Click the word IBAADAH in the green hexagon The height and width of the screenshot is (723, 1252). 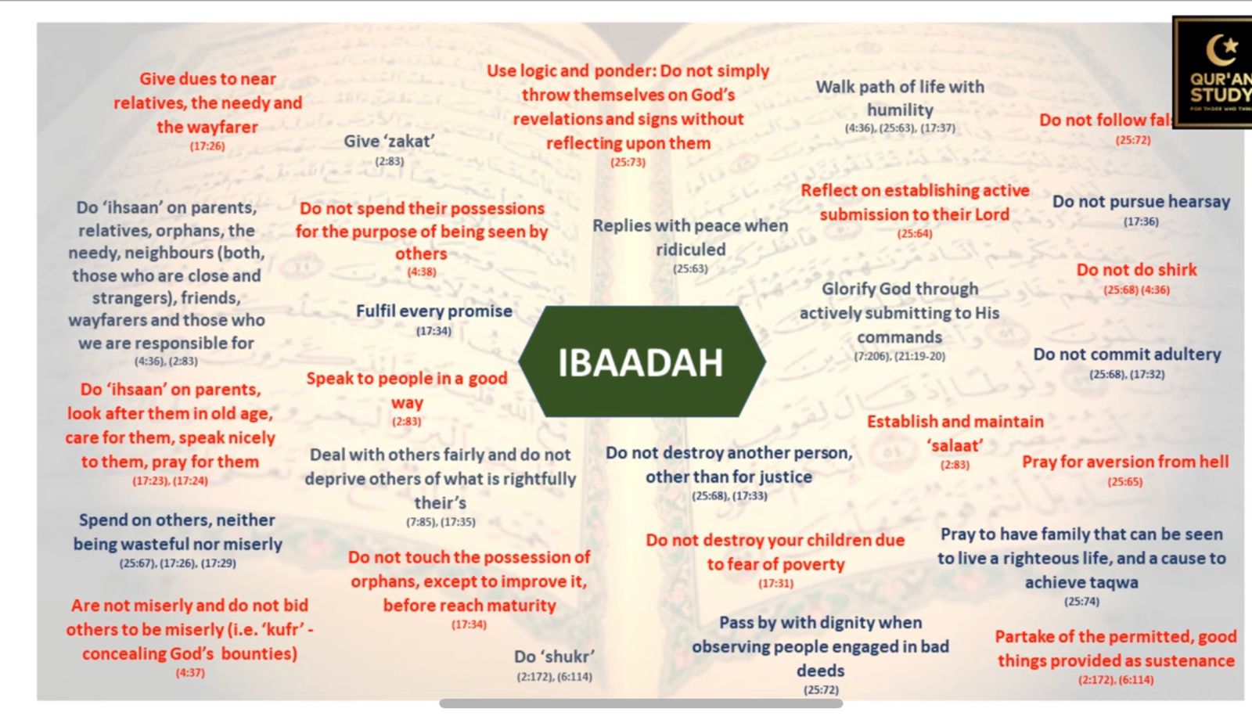click(641, 362)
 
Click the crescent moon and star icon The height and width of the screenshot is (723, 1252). click(1221, 50)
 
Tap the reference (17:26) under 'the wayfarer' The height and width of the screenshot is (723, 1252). click(207, 146)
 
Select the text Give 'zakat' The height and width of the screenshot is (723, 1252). click(389, 142)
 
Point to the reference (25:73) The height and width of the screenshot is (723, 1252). click(628, 162)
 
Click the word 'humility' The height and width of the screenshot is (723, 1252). click(900, 110)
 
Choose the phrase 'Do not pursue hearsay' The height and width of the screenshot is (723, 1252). click(1141, 202)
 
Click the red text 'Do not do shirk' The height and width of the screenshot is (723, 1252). click(1136, 270)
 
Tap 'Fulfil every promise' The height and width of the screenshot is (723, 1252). click(434, 311)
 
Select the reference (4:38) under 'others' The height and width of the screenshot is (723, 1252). click(422, 272)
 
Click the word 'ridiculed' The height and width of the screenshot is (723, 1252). click(690, 250)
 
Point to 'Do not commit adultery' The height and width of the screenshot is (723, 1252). click(1127, 354)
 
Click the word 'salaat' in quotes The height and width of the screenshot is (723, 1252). click(955, 446)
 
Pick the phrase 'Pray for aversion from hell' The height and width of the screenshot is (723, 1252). click(1125, 462)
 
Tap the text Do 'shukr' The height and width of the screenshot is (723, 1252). click(554, 656)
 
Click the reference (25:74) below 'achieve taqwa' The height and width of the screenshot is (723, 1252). click(1081, 602)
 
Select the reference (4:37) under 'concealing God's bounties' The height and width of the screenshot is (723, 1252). click(190, 673)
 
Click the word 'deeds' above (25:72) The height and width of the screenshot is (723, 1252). click(820, 671)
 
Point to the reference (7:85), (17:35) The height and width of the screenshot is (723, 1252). click(441, 522)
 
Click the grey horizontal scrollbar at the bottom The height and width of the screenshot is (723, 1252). click(641, 703)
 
